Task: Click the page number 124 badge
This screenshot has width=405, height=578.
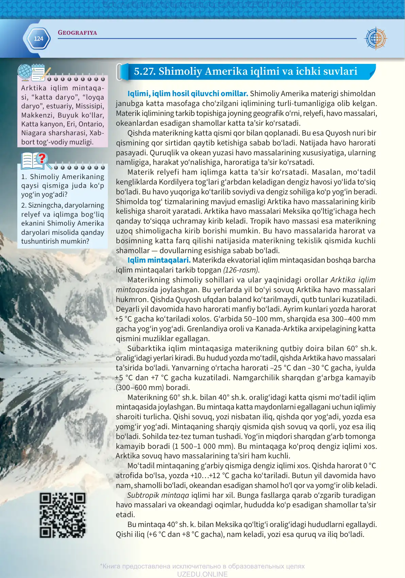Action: click(x=38, y=39)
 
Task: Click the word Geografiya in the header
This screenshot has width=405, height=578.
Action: click(x=77, y=33)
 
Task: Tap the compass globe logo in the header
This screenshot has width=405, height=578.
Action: click(x=375, y=38)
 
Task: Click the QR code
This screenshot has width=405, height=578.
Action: click(x=63, y=515)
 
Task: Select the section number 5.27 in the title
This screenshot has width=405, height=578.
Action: click(x=145, y=71)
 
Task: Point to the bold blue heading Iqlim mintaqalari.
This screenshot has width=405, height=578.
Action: click(x=159, y=260)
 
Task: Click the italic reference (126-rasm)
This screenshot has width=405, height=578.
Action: click(x=241, y=270)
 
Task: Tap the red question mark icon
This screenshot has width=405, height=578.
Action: click(x=42, y=158)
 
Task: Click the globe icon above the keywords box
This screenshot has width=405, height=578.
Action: click(x=24, y=72)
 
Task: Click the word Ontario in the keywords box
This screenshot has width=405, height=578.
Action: click(x=91, y=124)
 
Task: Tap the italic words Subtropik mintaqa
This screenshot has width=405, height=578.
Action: click(x=158, y=495)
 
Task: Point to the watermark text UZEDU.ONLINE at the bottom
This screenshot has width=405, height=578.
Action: click(x=202, y=574)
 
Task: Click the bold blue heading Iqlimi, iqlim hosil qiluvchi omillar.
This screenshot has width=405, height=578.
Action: click(x=188, y=94)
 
